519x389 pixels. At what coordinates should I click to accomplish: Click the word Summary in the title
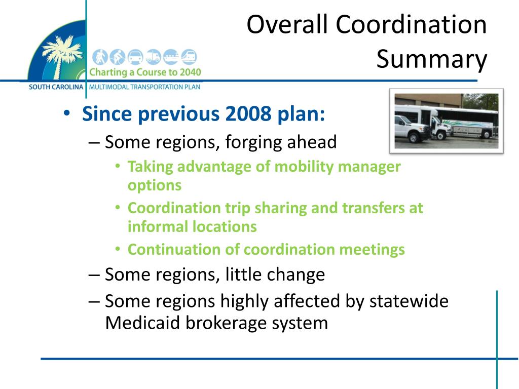431,60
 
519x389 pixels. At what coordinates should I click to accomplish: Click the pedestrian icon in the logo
101,57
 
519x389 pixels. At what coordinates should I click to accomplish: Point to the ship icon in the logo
171,57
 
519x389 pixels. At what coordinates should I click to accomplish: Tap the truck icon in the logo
153,57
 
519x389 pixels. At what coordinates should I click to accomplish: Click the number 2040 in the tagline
190,72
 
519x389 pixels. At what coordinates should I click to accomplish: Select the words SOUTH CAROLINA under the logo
56,87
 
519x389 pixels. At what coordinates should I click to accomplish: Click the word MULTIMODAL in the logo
109,87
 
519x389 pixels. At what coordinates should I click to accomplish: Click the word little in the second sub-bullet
239,275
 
